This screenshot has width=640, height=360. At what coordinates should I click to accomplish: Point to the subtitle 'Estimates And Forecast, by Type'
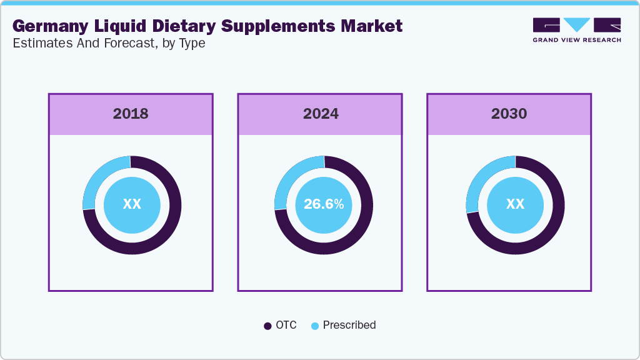pyautogui.click(x=109, y=44)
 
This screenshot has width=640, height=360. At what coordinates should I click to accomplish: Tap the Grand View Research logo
pyautogui.click(x=576, y=30)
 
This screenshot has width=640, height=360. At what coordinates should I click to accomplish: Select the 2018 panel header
pyautogui.click(x=131, y=114)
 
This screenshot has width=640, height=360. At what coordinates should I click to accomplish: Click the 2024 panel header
pyautogui.click(x=321, y=114)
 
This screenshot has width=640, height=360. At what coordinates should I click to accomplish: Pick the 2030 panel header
pyautogui.click(x=509, y=114)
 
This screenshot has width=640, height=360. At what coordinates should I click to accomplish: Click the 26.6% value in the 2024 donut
pyautogui.click(x=323, y=204)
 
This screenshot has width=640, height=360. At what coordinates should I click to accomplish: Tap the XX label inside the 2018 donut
pyautogui.click(x=132, y=204)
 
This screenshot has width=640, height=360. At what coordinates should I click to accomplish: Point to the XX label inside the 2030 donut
pyautogui.click(x=515, y=204)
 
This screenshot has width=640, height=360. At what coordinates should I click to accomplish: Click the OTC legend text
pyautogui.click(x=286, y=325)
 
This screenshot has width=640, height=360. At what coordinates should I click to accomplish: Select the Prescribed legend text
pyautogui.click(x=349, y=325)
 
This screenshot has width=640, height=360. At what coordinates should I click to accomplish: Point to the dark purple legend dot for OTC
pyautogui.click(x=267, y=326)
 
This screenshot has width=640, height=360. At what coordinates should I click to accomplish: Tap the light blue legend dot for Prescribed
pyautogui.click(x=315, y=326)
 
